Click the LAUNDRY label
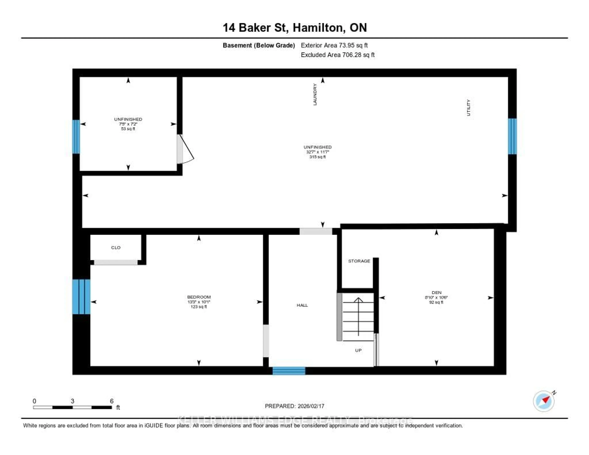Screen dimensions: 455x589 [x=315, y=94]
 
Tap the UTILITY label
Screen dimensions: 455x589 [x=468, y=108]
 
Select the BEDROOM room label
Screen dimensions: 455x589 [x=199, y=297]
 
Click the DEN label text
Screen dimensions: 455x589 [x=436, y=293]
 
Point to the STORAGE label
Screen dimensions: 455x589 [x=359, y=261]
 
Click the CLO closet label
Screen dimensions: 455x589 [x=116, y=248]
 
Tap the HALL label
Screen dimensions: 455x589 [x=302, y=305]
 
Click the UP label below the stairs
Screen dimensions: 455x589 [x=358, y=350]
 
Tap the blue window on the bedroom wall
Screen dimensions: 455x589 [x=81, y=297]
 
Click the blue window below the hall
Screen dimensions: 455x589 [x=289, y=371]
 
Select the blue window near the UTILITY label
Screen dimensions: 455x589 [x=512, y=136]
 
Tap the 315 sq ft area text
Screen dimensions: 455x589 [x=317, y=157]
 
